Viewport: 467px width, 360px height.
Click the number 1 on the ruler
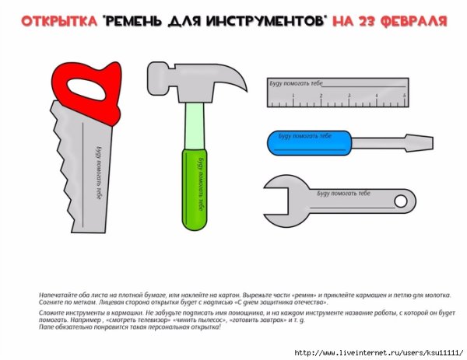click(293, 96)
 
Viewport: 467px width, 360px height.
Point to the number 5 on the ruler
click(404, 96)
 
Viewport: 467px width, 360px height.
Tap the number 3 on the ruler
click(348, 96)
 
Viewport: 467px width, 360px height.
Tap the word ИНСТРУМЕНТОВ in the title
click(256, 20)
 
